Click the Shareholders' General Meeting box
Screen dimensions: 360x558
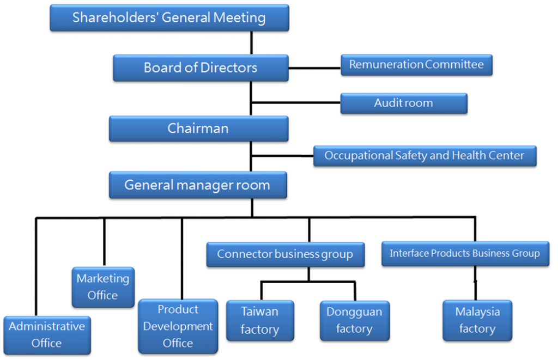tap(169, 17)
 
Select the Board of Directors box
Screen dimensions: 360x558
tap(201, 68)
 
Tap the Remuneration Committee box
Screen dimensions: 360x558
tap(416, 65)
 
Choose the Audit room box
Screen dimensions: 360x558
tap(403, 103)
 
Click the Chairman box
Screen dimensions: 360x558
tap(198, 129)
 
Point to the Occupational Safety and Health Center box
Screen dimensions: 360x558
tap(424, 156)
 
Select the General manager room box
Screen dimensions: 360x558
tap(197, 185)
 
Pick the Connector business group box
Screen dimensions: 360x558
tap(285, 254)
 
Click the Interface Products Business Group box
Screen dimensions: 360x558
tap(465, 253)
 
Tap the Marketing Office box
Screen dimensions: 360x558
tap(102, 287)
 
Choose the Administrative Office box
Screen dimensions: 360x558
tap(46, 334)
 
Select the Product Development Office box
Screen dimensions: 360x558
tap(178, 326)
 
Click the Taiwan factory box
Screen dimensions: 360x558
tap(259, 321)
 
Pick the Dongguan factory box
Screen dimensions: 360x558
tap(354, 320)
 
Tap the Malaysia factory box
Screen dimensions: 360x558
tap(477, 320)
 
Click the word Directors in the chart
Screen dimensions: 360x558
tap(229, 68)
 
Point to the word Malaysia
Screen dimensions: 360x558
tap(477, 312)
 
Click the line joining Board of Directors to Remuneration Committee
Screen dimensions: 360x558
tap(314, 68)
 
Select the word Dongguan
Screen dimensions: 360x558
tap(354, 312)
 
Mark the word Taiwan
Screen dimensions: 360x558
tap(259, 312)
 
